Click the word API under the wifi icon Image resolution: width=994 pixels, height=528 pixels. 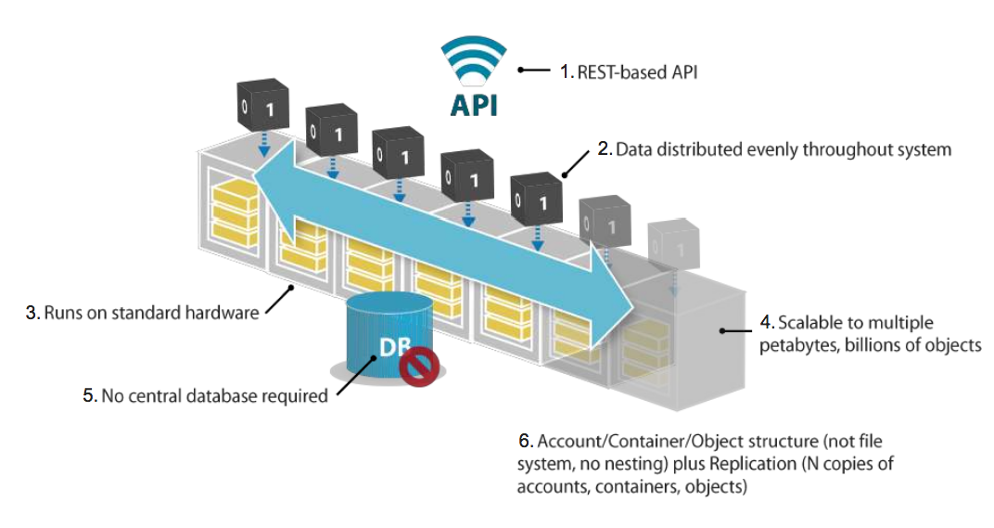pyautogui.click(x=473, y=104)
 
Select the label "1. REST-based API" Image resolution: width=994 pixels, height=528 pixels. pyautogui.click(x=627, y=70)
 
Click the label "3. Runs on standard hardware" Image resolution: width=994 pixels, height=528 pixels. pyautogui.click(x=142, y=312)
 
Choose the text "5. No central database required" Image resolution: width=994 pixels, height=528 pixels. pyautogui.click(x=205, y=395)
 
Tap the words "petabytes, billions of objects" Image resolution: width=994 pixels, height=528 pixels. pyautogui.click(x=870, y=345)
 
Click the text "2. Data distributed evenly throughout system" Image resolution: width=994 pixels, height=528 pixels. pyautogui.click(x=774, y=148)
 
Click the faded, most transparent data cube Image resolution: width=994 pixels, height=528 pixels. pyautogui.click(x=671, y=246)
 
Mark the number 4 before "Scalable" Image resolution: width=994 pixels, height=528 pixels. pyautogui.click(x=765, y=323)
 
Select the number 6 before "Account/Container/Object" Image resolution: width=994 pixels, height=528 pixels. pyautogui.click(x=525, y=439)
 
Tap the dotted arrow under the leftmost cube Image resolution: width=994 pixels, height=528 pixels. pyautogui.click(x=262, y=142)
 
